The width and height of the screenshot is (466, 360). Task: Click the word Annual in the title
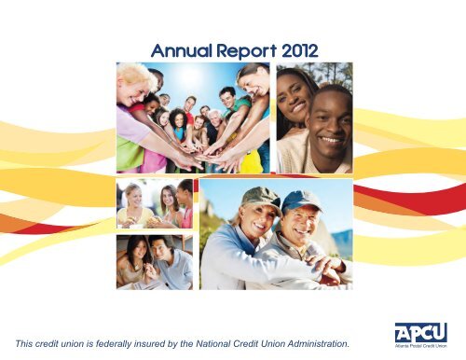pos(182,51)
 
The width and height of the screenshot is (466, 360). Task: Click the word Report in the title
pos(246,51)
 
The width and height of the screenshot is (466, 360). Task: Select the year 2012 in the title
pos(300,51)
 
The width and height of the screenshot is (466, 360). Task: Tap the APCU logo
pos(421,333)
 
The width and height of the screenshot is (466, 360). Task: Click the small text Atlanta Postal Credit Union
pos(421,346)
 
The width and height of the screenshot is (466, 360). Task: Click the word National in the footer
pos(213,343)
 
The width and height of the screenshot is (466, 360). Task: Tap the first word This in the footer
pos(24,343)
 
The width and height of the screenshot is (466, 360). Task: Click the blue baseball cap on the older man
pos(301,201)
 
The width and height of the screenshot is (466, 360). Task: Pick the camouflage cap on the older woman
pos(260,198)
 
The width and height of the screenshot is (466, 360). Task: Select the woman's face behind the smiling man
pos(292,96)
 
